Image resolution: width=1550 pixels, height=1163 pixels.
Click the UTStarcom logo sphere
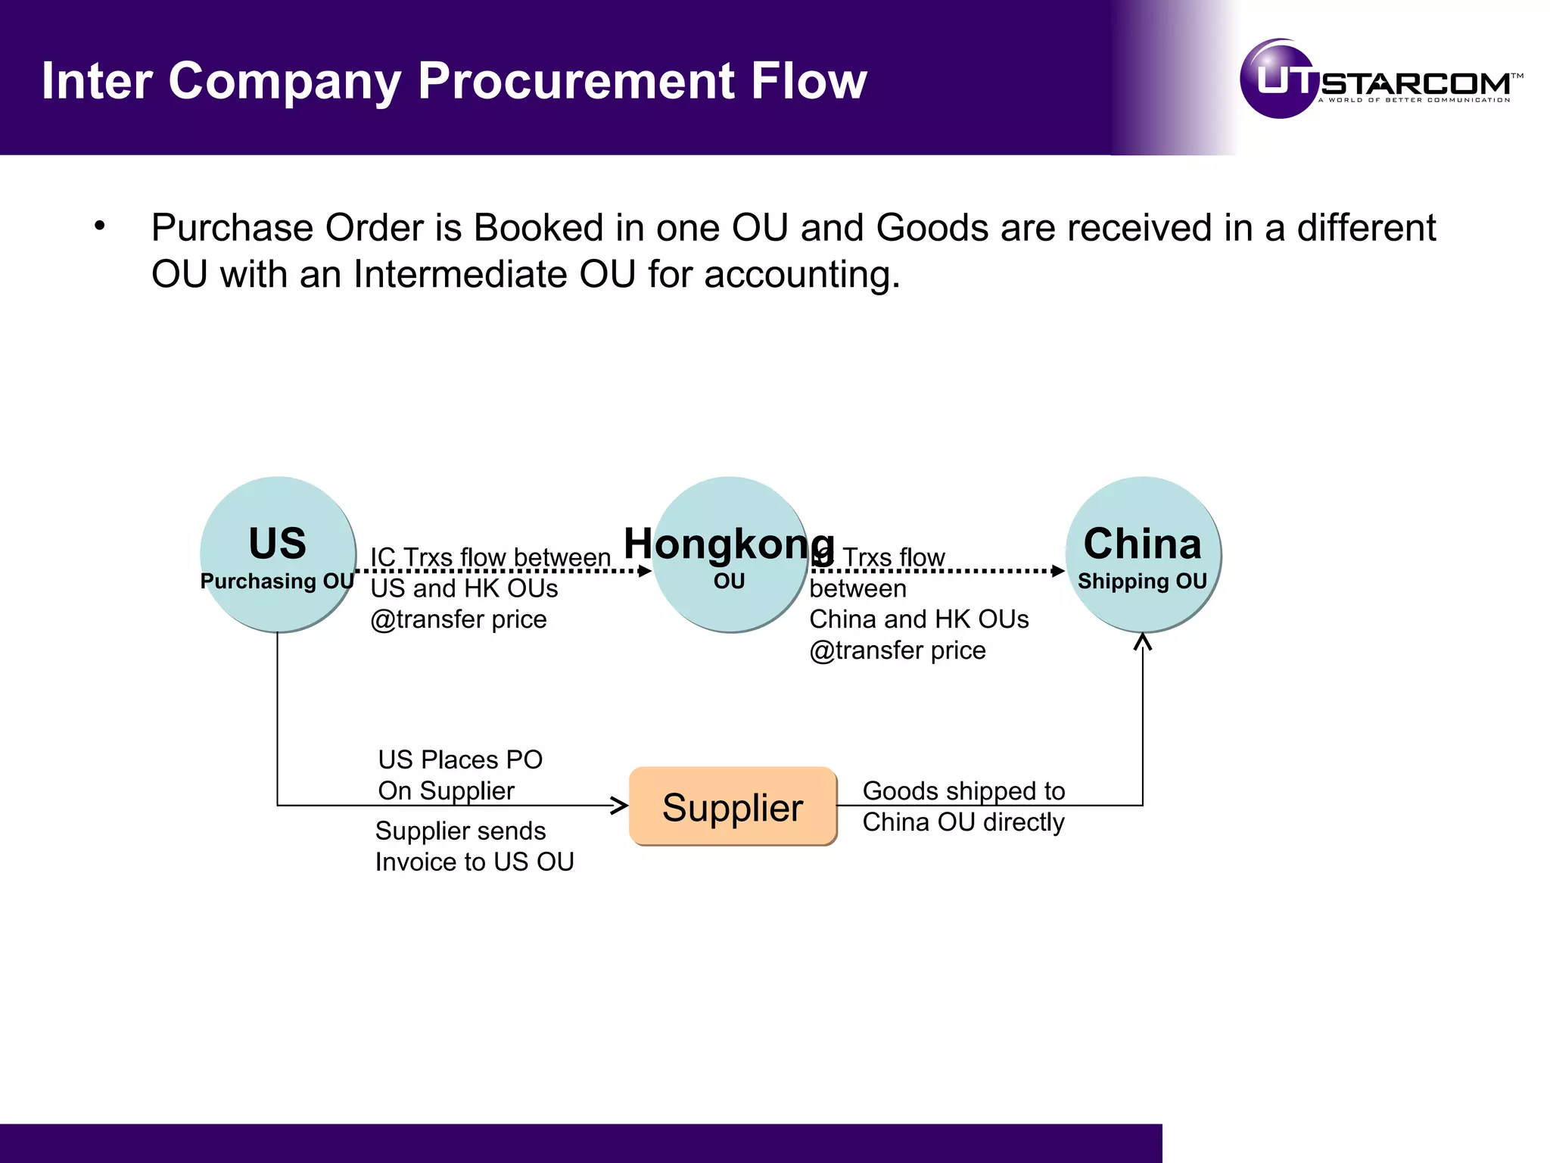[1278, 79]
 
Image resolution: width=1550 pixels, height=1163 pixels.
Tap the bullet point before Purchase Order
[100, 226]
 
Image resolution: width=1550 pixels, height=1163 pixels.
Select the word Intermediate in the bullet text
[459, 274]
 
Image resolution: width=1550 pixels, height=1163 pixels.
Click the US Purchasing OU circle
[278, 554]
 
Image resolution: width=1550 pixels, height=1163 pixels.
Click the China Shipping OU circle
[1143, 554]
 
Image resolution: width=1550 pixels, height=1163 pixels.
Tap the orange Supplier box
[733, 806]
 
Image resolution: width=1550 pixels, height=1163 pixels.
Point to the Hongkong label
[729, 544]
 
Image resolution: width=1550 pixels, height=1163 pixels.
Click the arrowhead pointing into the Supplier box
[620, 806]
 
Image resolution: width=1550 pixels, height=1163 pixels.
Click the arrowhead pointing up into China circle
[1143, 642]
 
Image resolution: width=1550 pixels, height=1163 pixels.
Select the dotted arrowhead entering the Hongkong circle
[645, 571]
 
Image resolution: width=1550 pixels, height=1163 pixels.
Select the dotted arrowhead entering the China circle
[1058, 571]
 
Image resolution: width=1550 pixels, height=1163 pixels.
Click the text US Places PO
[460, 759]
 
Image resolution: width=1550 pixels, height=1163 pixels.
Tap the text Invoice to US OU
[475, 862]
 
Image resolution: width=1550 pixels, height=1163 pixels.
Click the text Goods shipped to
[963, 790]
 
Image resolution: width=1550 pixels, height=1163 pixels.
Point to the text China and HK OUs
[919, 619]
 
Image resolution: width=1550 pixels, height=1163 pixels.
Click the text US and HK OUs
[464, 588]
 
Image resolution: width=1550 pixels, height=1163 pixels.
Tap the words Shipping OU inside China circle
[1142, 581]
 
